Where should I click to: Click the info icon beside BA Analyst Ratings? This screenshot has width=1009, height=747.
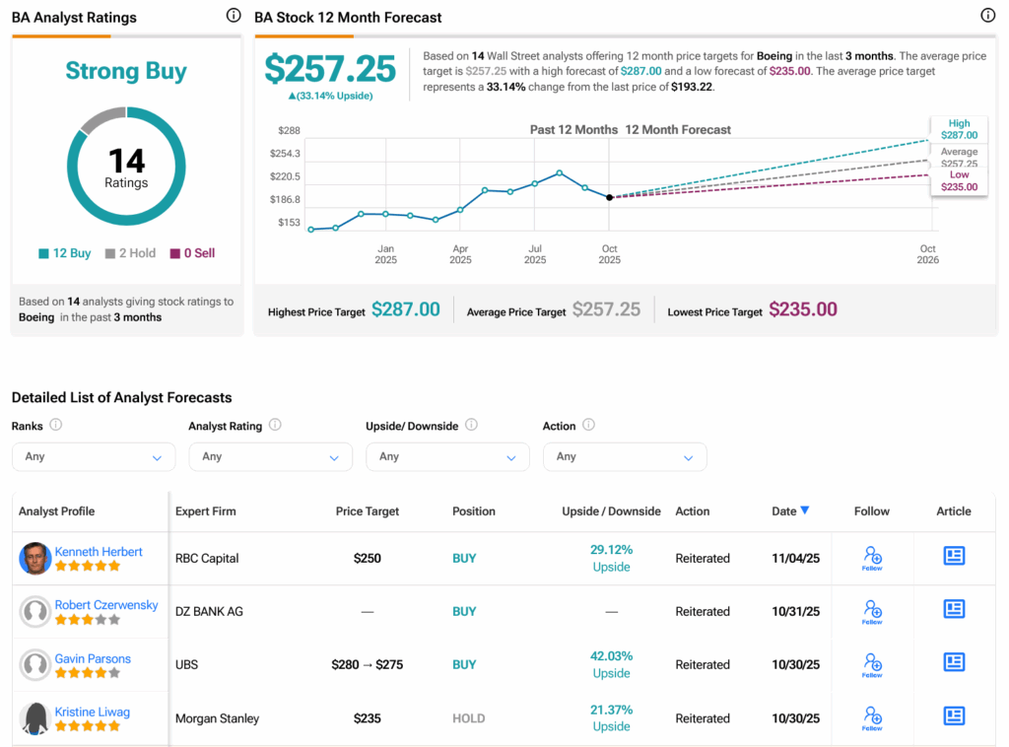tap(233, 16)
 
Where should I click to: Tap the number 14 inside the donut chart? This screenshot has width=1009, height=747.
tap(126, 162)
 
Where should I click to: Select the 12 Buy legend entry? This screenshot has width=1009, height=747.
tap(65, 253)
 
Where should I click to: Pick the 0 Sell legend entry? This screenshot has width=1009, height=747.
tap(192, 253)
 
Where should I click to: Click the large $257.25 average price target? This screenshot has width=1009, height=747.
tap(330, 69)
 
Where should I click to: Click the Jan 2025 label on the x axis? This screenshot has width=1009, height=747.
tap(385, 254)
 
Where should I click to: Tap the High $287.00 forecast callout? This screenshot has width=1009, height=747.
tap(959, 129)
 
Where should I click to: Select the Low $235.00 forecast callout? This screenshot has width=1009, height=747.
tap(959, 181)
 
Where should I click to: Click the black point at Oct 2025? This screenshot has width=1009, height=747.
tap(609, 197)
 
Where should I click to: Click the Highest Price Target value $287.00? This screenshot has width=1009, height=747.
tap(405, 309)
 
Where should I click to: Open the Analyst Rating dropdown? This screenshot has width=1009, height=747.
tap(270, 457)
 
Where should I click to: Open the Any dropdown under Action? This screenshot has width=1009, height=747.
tap(625, 457)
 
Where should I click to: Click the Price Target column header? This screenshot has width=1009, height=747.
tap(368, 511)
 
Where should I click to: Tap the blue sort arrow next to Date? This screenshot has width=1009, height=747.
tap(805, 510)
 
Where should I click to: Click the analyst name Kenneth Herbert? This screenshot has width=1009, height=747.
tap(99, 552)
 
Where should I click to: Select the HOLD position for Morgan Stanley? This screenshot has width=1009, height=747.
tap(468, 718)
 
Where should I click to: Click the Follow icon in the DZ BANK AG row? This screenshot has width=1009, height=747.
tap(872, 611)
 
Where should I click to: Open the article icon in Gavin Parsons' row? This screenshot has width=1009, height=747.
tap(954, 662)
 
